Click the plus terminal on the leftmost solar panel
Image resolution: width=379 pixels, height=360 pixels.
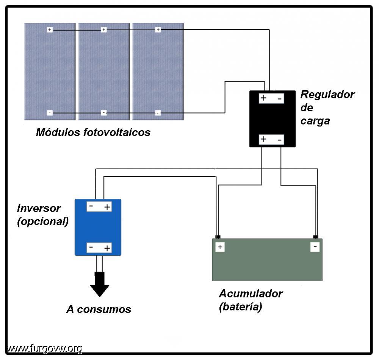[50, 30]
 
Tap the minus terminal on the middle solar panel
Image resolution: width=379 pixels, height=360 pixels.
[104, 112]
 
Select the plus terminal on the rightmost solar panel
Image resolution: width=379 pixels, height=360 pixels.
[158, 30]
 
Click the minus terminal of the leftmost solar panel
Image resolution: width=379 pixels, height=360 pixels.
[50, 112]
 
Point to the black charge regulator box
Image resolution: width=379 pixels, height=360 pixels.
[273, 119]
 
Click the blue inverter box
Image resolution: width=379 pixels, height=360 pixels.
[98, 227]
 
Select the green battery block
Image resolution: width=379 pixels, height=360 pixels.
[267, 260]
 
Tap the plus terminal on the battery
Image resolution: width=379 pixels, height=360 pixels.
[220, 247]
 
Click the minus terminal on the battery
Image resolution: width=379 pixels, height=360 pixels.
[315, 247]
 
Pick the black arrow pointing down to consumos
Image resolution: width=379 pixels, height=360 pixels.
[100, 284]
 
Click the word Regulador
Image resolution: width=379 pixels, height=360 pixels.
[327, 94]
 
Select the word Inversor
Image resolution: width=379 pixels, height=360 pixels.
[39, 208]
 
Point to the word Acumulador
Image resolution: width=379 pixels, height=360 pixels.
[251, 294]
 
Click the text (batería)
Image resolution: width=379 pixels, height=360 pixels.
[241, 307]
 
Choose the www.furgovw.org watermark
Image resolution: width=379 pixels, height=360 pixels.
[45, 349]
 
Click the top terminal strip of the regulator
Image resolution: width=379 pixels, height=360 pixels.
[271, 98]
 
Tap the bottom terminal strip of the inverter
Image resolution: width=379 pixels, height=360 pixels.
[99, 248]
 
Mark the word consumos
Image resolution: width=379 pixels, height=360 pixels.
[104, 309]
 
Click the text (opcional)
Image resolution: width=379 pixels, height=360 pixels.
[43, 221]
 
